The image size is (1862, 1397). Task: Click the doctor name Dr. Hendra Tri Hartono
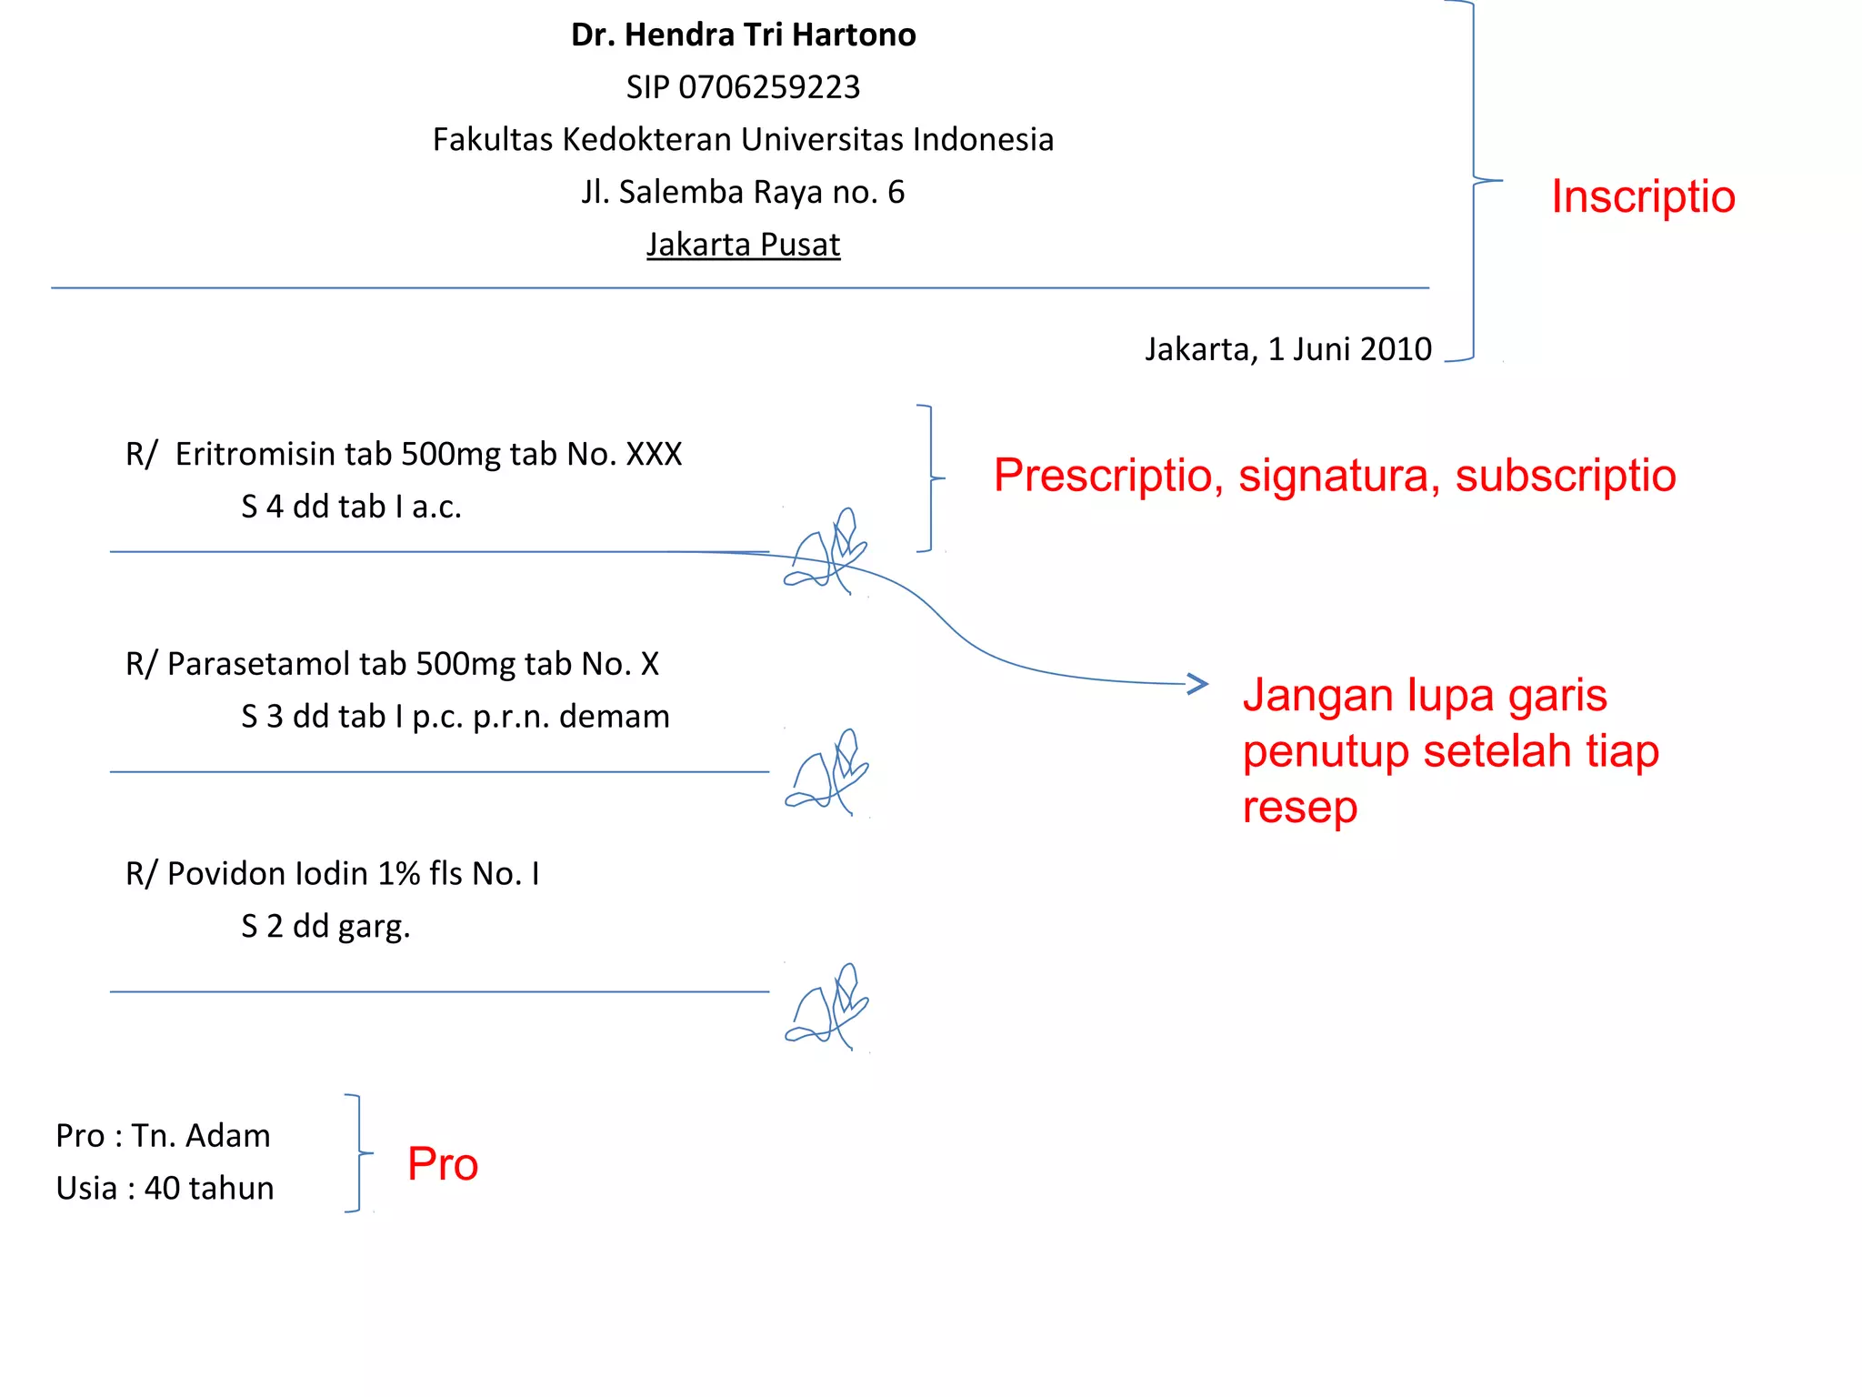click(743, 35)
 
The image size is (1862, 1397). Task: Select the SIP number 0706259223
click(768, 87)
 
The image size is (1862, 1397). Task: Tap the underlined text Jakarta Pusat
click(743, 245)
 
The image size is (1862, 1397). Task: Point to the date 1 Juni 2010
click(1350, 349)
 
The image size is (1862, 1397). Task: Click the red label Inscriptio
click(1643, 196)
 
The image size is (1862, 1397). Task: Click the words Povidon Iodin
click(268, 874)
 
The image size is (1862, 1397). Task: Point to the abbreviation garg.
click(374, 927)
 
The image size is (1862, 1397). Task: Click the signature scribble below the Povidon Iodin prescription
click(827, 1008)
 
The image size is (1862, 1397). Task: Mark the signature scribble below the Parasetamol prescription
click(827, 771)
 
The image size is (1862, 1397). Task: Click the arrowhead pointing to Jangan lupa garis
click(1198, 684)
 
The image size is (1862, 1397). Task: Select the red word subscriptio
click(1565, 476)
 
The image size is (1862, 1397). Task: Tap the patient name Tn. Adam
click(201, 1136)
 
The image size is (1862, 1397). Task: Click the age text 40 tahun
click(209, 1189)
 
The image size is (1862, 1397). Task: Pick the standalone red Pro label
click(443, 1164)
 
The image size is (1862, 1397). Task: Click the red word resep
click(1299, 808)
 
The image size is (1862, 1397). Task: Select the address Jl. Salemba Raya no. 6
click(743, 193)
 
